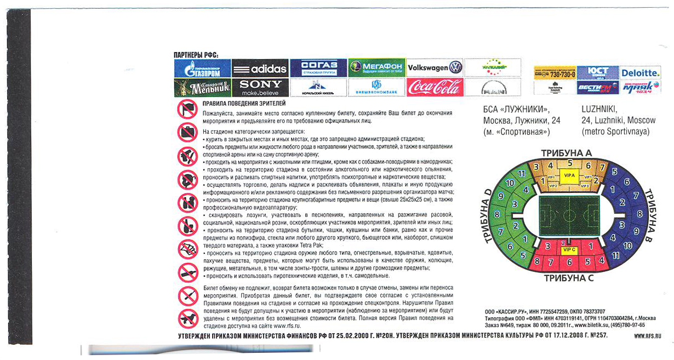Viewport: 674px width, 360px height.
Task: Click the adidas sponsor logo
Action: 260,68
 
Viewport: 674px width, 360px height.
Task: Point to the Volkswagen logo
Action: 435,68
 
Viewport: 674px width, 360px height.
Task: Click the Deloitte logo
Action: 640,72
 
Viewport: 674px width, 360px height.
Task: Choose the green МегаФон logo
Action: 377,68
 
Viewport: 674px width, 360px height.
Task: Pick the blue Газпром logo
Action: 202,68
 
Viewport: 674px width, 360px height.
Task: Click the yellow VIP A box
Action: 567,175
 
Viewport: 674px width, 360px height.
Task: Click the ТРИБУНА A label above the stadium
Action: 567,152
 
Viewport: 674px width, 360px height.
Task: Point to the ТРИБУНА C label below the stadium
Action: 569,278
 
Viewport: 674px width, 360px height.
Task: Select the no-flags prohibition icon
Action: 187,110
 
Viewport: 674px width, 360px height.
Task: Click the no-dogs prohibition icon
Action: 187,318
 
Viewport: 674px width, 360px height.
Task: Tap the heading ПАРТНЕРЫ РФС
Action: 196,54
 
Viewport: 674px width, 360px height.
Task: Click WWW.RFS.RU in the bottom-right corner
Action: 647,335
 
